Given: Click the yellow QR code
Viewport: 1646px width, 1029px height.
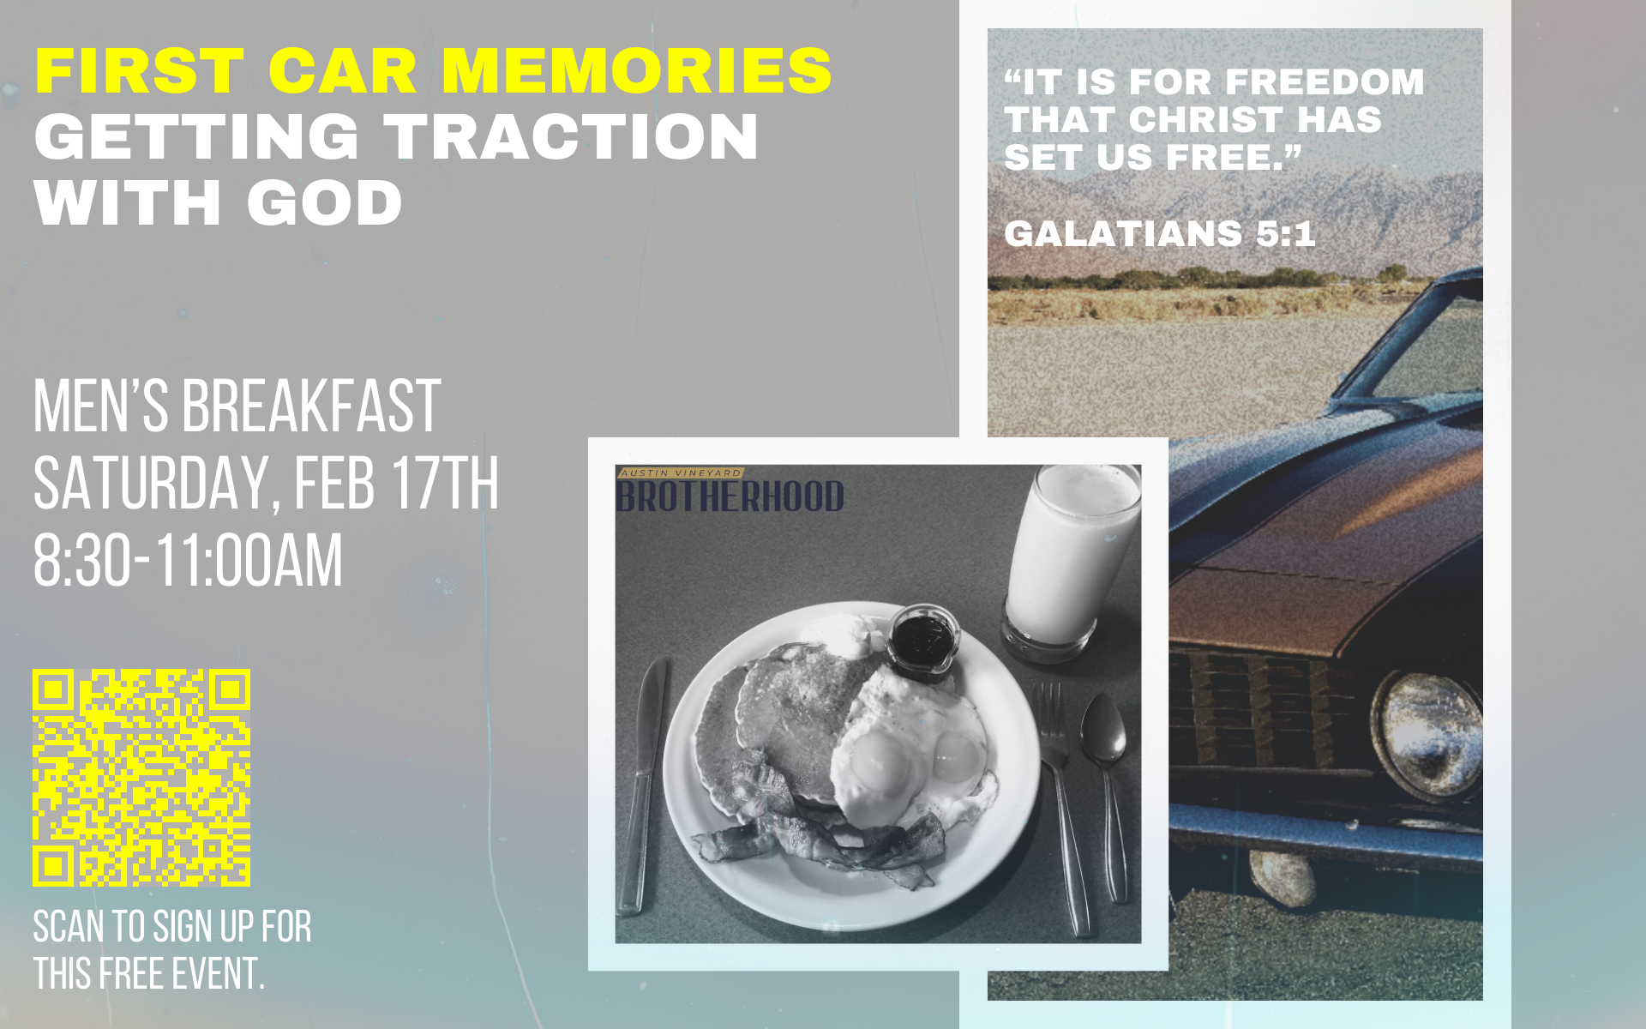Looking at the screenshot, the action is coord(141,777).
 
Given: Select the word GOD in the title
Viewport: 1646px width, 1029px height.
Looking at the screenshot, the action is coord(324,202).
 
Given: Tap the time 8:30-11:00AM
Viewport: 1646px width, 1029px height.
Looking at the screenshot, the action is coord(188,561).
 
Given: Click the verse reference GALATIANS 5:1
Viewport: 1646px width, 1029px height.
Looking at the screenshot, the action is coord(1160,233).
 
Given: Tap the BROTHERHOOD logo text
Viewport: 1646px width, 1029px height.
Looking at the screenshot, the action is coord(730,496).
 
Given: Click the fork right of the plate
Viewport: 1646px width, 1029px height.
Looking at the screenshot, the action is coord(1064,806).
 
